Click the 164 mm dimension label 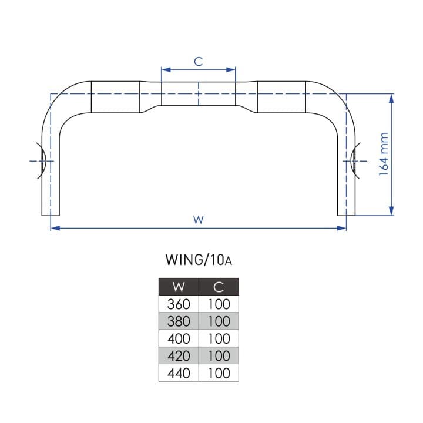384,154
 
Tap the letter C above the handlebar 199,62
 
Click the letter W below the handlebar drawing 199,220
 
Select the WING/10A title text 199,260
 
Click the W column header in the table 179,287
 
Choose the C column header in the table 219,287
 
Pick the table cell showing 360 179,304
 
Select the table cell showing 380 179,321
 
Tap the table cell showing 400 179,338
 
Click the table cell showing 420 179,355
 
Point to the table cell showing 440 179,373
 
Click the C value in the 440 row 219,373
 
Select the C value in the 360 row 219,304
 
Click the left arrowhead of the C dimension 166,70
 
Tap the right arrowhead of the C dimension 231,70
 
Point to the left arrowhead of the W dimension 55,228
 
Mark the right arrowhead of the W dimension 342,228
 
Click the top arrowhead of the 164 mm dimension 391,98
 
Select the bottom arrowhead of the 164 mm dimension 391,211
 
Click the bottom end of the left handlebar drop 51,216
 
